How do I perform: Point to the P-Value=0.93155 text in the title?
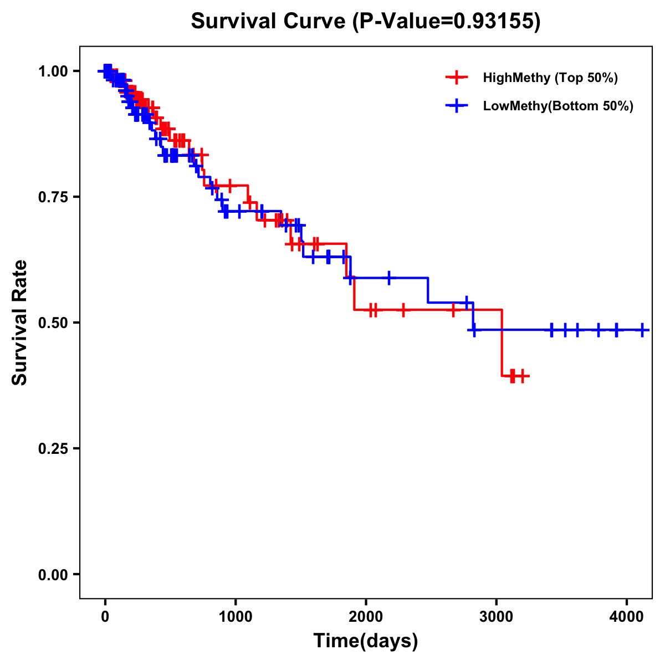[447, 21]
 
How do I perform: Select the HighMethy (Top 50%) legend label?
[550, 78]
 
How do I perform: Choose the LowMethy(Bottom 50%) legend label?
[558, 106]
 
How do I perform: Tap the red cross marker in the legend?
[457, 78]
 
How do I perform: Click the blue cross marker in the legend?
[457, 106]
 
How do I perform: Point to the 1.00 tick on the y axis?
[53, 71]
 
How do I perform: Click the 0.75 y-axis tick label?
[53, 197]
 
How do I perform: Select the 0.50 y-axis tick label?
[53, 323]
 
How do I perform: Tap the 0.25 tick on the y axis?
[53, 448]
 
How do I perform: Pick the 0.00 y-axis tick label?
[53, 574]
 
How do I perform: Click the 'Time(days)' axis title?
[366, 641]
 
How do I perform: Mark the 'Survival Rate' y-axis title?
[20, 323]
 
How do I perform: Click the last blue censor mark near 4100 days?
[642, 330]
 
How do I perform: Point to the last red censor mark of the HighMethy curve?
[521, 376]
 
